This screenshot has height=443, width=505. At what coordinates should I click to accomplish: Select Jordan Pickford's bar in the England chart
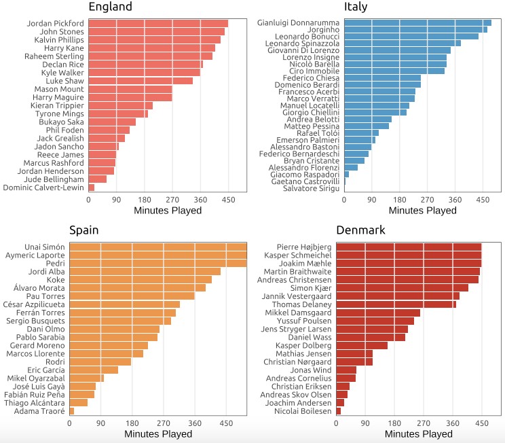tap(158, 23)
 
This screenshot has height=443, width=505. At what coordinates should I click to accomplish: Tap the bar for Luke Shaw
tap(141, 81)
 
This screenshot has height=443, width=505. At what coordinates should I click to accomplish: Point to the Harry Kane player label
tap(64, 48)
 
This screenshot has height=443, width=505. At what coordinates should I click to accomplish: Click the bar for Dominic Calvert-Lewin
tap(92, 187)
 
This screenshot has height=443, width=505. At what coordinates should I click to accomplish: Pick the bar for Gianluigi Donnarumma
tap(417, 22)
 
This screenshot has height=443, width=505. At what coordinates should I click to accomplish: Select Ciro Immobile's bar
tap(394, 70)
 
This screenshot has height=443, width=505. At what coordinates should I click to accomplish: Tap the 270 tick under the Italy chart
tap(427, 200)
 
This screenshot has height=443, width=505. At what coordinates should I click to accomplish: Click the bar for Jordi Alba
tap(145, 271)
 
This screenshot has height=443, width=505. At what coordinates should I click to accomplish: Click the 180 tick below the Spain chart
tap(132, 423)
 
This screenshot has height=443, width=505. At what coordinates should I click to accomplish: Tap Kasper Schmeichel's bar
tap(409, 255)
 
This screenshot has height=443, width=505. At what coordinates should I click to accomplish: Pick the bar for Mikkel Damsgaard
tap(378, 313)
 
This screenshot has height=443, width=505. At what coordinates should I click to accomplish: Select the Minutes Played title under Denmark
tap(419, 433)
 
